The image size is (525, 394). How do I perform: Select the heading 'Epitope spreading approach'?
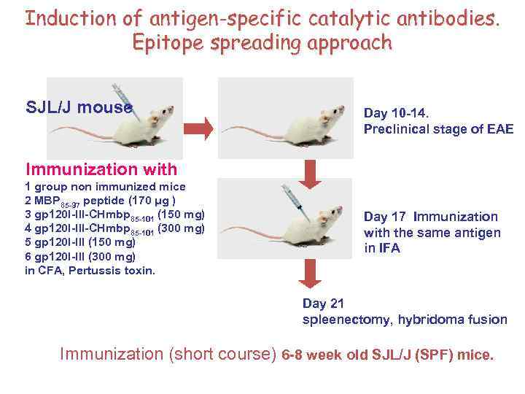[262, 42]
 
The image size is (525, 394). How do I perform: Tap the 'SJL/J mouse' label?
[79, 108]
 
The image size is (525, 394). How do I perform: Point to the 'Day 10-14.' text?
[397, 114]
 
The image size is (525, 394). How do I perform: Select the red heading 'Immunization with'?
[101, 169]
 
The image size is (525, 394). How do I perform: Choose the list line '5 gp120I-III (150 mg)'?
[80, 242]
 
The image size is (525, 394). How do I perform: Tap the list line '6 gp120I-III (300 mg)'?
[80, 256]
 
